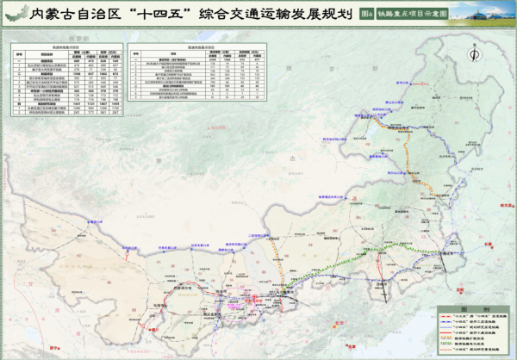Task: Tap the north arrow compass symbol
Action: (x=472, y=53)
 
